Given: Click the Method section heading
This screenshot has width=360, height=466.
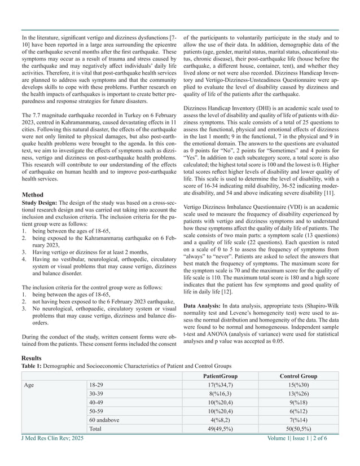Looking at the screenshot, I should click(x=33, y=195).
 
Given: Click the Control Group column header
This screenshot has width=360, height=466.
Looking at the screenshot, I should click(x=298, y=376).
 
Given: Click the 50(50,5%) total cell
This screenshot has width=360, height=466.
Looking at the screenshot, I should click(x=298, y=429).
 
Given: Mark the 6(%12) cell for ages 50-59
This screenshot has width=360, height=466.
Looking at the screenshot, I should click(x=298, y=412).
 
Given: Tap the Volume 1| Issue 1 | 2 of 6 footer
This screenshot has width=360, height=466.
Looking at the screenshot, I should click(x=305, y=438).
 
